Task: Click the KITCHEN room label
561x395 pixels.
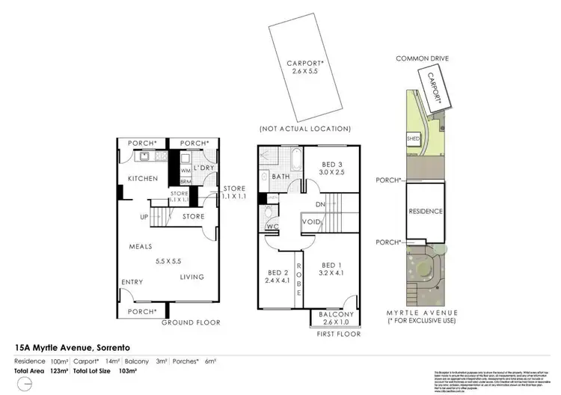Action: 142,179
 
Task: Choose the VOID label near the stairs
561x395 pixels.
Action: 311,222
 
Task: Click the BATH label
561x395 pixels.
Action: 281,177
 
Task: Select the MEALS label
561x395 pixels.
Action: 141,247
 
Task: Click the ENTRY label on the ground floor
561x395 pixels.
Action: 132,283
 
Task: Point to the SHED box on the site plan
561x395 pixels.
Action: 412,139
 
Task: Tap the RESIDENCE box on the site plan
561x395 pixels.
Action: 426,212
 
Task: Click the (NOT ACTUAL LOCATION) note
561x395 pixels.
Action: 304,129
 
